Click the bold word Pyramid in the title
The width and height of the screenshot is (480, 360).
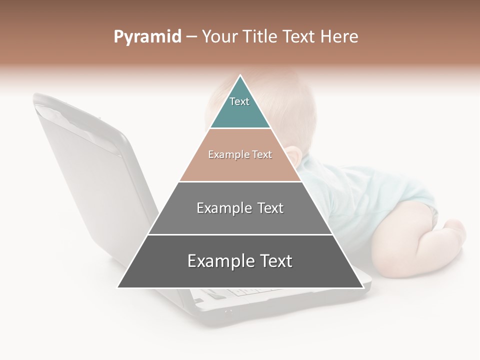[147, 37]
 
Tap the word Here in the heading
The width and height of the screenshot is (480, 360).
[339, 37]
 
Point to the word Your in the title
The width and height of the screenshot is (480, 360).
[219, 37]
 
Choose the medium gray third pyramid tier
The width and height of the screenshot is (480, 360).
[240, 220]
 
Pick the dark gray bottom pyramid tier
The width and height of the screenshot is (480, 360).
[240, 272]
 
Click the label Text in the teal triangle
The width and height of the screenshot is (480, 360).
[239, 101]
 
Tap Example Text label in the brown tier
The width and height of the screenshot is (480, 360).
[240, 154]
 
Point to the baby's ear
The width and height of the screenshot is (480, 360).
[293, 156]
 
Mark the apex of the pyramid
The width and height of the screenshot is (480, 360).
[240, 75]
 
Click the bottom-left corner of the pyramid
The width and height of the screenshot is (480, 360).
[118, 287]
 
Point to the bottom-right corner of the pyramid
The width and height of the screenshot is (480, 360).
[362, 287]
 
